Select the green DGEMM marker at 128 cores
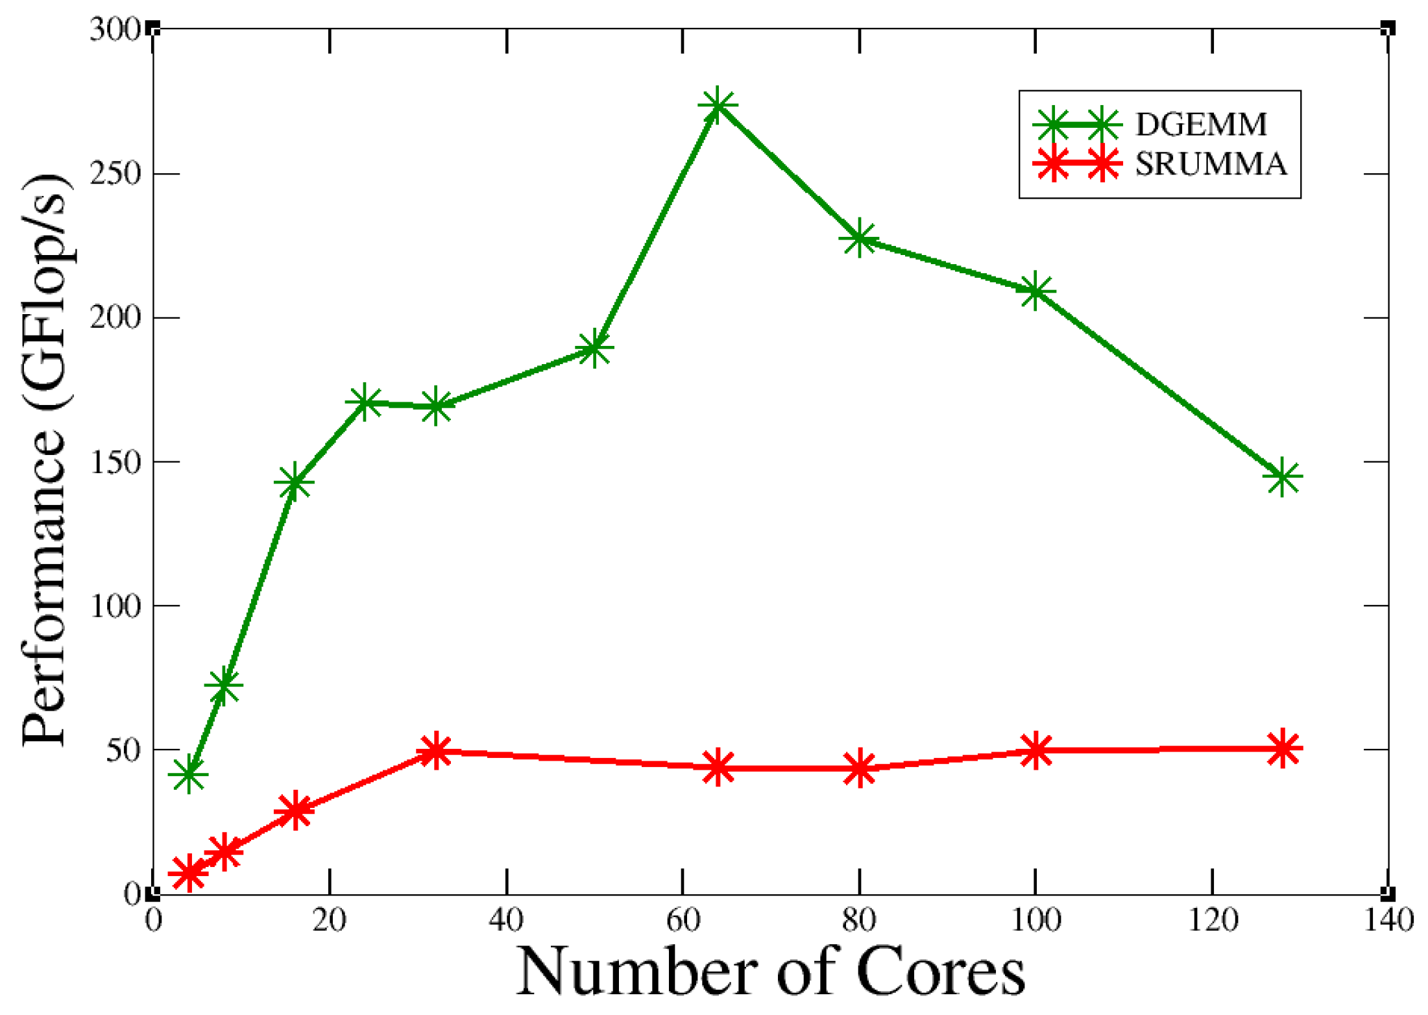[1283, 477]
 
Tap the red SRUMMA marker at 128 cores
[1283, 749]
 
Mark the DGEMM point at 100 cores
[1035, 291]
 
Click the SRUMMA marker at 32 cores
[435, 751]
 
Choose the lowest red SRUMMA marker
[189, 872]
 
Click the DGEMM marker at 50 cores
[594, 349]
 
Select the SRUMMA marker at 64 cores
[718, 767]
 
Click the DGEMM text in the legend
[1201, 124]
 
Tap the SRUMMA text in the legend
[1211, 164]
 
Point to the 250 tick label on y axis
[115, 174]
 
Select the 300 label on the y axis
[115, 30]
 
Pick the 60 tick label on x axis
[683, 920]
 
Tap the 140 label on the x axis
[1388, 920]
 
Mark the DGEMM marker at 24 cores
[365, 402]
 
